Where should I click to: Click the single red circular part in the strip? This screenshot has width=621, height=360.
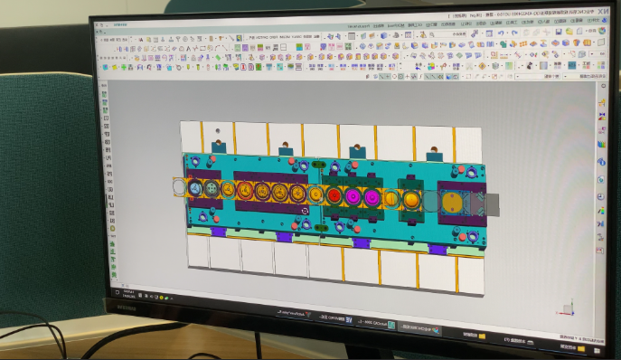click(x=334, y=194)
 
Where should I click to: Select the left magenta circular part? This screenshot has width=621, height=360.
click(x=353, y=195)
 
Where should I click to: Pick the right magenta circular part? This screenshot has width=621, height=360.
click(x=371, y=196)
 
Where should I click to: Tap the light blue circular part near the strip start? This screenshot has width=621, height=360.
click(x=212, y=189)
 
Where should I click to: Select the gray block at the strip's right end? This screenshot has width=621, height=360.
click(x=492, y=204)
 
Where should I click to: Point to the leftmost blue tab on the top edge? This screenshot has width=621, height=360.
click(x=218, y=145)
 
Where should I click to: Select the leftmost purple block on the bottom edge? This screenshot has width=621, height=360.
click(x=218, y=232)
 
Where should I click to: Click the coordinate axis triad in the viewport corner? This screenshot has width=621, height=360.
click(x=567, y=305)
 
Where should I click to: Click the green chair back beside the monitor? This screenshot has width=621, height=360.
click(x=45, y=181)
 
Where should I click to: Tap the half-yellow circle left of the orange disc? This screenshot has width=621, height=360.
click(x=390, y=198)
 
